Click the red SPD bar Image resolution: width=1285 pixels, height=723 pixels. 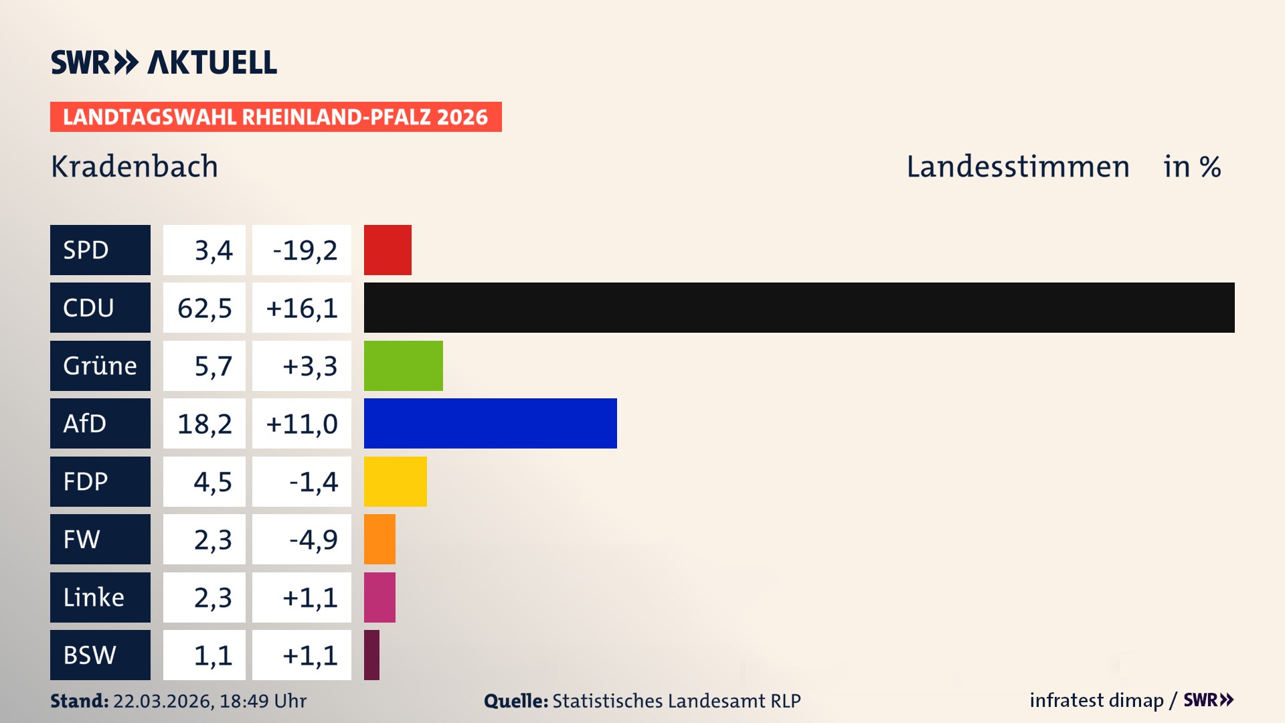pyautogui.click(x=388, y=250)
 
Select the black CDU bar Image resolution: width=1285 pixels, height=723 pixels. pyautogui.click(x=799, y=308)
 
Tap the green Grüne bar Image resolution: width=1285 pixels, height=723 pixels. pyautogui.click(x=403, y=366)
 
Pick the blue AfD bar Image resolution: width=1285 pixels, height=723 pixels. pyautogui.click(x=490, y=424)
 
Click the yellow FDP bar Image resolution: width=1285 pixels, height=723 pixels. pyautogui.click(x=395, y=481)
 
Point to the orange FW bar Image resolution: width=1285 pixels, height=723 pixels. pyautogui.click(x=379, y=540)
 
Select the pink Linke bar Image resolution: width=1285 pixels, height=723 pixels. pyautogui.click(x=379, y=597)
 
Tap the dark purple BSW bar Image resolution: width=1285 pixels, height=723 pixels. pyautogui.click(x=371, y=655)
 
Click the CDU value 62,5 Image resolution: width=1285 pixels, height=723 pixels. pyautogui.click(x=205, y=308)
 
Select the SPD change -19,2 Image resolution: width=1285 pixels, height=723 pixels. pyautogui.click(x=305, y=250)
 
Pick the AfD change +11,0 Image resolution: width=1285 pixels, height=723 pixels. pyautogui.click(x=302, y=424)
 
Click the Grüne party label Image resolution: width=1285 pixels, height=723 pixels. pyautogui.click(x=100, y=366)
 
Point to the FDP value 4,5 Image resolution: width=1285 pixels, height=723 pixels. pyautogui.click(x=212, y=481)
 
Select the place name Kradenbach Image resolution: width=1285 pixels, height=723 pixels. pyautogui.click(x=135, y=167)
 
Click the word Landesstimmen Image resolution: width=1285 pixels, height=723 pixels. pyautogui.click(x=1017, y=167)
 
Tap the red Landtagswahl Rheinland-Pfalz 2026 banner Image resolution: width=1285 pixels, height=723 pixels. pyautogui.click(x=276, y=117)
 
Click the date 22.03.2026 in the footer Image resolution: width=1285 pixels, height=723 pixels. pyautogui.click(x=163, y=701)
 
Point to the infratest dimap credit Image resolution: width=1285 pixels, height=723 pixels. pyautogui.click(x=1096, y=700)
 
